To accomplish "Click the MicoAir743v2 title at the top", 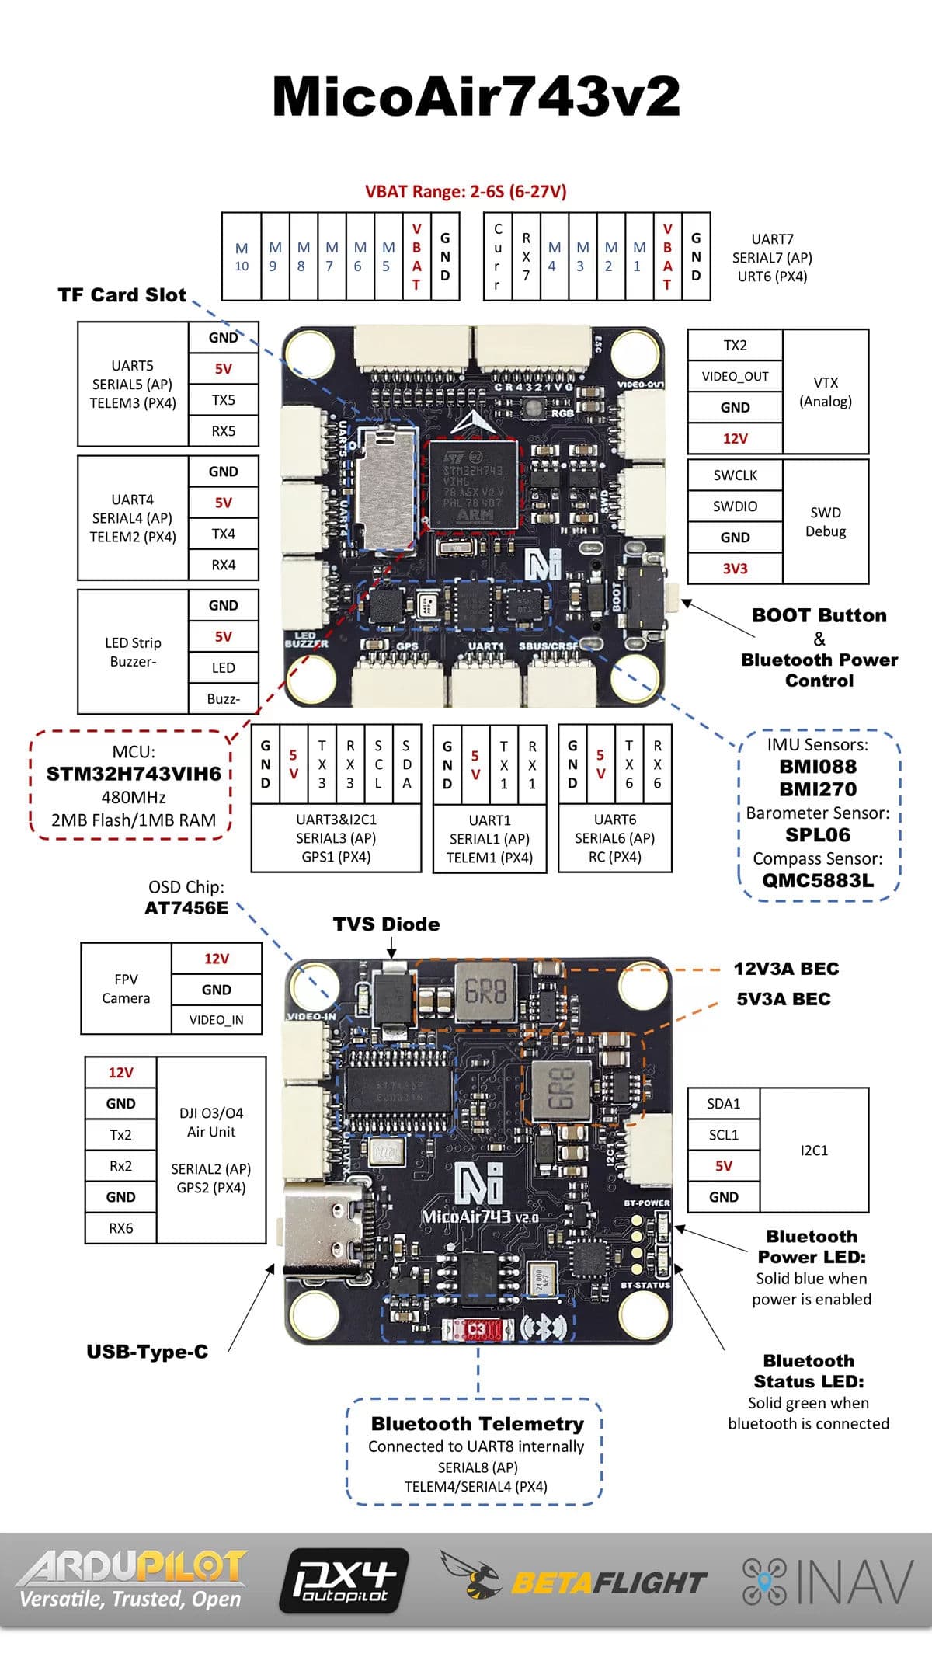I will pos(475,97).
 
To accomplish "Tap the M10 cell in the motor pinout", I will pos(242,257).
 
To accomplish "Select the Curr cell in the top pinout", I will pos(497,257).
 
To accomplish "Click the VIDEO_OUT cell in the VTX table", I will pos(735,376).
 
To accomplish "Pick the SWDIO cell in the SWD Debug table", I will pos(735,506).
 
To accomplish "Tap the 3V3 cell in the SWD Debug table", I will pos(735,569).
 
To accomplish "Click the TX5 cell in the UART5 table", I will pos(223,400).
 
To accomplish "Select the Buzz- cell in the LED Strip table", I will pos(223,699).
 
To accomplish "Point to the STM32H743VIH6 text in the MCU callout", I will pos(134,774).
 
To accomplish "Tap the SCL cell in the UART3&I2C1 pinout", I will pos(378,764).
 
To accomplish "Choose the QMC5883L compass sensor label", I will pos(818,880).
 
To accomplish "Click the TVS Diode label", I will pos(386,924).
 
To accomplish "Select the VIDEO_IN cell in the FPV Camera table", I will pos(216,1020).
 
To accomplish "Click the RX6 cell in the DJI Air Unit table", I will pos(120,1228).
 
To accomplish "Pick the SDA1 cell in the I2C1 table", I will pos(723,1104).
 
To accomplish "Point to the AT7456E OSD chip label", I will pos(186,908).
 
